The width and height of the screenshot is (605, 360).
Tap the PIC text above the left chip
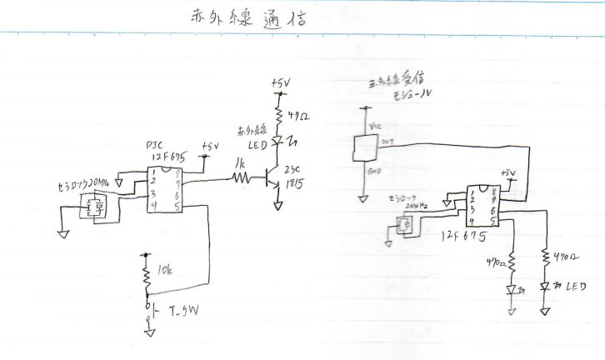(x=152, y=143)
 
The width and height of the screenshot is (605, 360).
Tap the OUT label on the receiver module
(x=387, y=142)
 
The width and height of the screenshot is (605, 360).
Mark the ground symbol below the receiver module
(x=363, y=199)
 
